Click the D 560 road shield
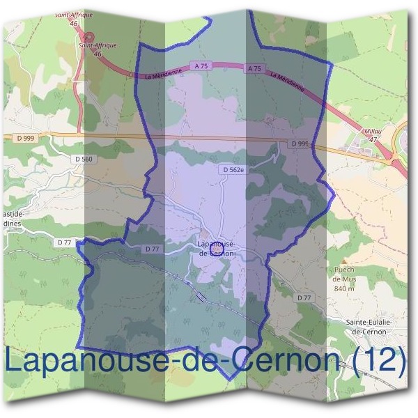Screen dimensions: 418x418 pos(83,159)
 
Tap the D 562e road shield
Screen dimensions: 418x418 pos(233,169)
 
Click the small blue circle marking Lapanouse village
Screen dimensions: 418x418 pos(215,246)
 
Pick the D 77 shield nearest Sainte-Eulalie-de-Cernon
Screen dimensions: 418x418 pos(304,297)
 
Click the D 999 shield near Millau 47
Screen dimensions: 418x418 pos(300,144)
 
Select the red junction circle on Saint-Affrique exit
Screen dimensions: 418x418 pos(88,37)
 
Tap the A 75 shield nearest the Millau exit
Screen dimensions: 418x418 pos(254,68)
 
